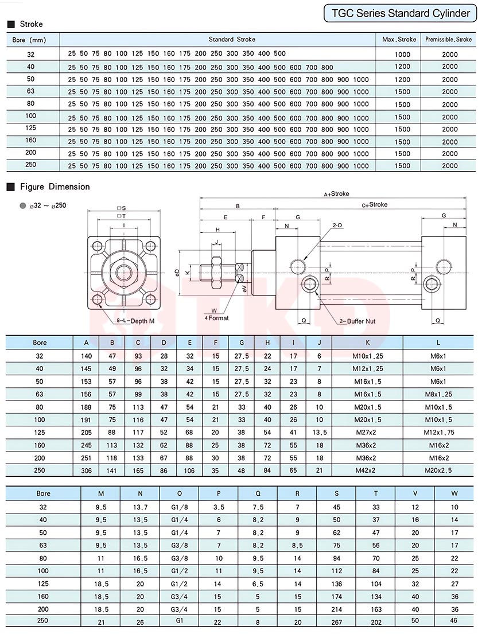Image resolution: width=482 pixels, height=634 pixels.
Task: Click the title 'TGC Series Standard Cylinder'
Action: [x=401, y=13]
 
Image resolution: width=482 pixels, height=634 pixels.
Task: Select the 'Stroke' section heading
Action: [x=31, y=24]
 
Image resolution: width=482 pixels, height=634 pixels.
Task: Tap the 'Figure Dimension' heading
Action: [x=55, y=187]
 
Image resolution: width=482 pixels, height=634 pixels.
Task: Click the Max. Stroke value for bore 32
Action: [x=402, y=54]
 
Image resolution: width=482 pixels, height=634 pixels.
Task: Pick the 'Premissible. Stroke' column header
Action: [x=449, y=40]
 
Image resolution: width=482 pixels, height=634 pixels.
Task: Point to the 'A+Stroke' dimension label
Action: [x=336, y=194]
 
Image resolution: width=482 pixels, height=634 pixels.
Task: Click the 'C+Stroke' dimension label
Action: [x=375, y=205]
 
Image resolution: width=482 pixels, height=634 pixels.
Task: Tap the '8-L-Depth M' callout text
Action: [x=135, y=321]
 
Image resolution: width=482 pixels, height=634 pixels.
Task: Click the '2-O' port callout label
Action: [x=337, y=225]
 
